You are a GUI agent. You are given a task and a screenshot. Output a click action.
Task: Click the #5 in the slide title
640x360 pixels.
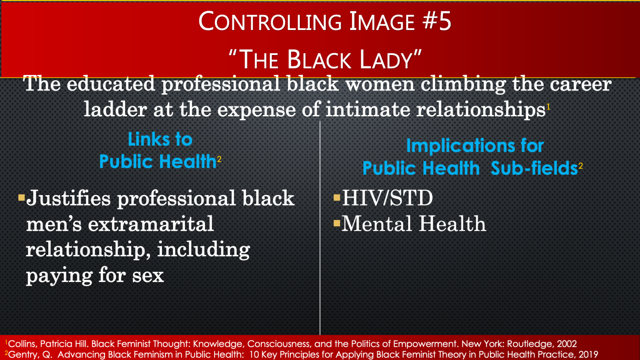[x=437, y=21]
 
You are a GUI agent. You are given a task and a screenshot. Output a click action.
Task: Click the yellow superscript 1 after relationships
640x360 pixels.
[x=548, y=107]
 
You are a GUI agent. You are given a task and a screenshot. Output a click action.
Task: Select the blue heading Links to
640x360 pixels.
[x=160, y=140]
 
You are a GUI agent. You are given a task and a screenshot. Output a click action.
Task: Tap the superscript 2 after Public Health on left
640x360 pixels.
[x=219, y=159]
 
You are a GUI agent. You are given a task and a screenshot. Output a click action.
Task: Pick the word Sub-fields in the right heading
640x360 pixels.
[x=534, y=168]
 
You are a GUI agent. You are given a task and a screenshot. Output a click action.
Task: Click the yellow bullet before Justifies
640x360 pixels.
[x=21, y=197]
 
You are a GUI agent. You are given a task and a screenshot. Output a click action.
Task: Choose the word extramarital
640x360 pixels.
[x=151, y=224]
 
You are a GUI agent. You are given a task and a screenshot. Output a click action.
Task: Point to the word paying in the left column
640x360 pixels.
[x=59, y=276]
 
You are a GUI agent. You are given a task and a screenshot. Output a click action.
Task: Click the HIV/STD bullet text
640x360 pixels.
[x=387, y=198]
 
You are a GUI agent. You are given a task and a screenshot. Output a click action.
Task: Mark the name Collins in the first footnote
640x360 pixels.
[x=22, y=344]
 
